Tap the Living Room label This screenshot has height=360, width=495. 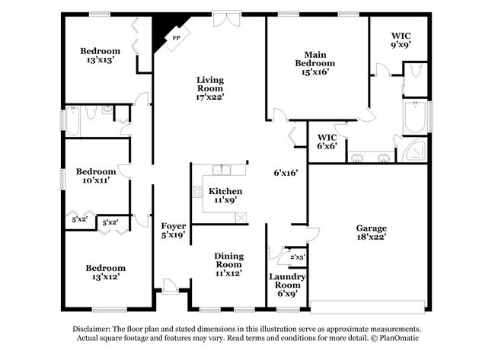pyautogui.click(x=210, y=88)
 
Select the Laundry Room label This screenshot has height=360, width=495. pyautogui.click(x=286, y=281)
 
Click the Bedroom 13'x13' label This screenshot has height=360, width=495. pyautogui.click(x=101, y=56)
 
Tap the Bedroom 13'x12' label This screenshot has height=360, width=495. pyautogui.click(x=105, y=272)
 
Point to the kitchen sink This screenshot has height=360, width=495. pyautogui.click(x=222, y=170)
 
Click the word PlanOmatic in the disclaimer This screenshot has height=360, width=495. pyautogui.click(x=401, y=337)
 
